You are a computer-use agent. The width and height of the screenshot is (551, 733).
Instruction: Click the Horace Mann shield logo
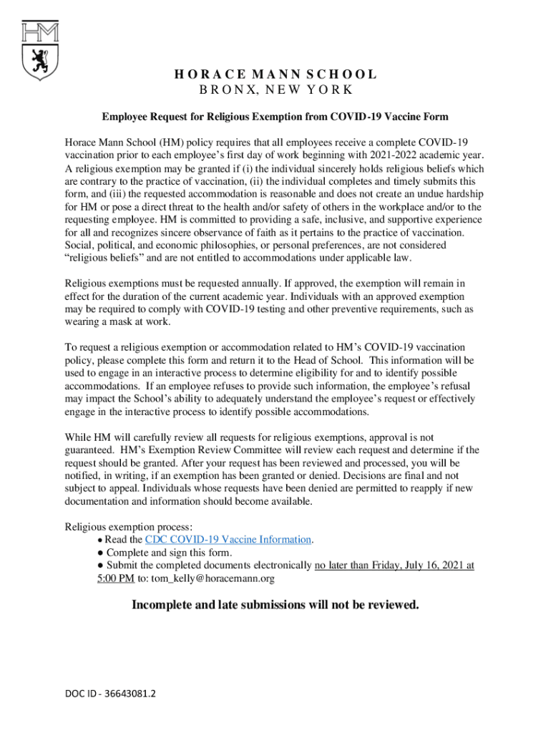(x=40, y=51)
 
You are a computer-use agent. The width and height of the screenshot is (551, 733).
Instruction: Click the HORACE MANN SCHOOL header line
(x=275, y=74)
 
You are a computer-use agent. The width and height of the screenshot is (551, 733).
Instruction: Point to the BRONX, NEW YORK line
(x=275, y=90)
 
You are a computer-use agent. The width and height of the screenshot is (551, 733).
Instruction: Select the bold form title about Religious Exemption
(x=275, y=116)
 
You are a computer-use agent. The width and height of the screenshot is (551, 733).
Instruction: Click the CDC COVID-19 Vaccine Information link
(x=228, y=540)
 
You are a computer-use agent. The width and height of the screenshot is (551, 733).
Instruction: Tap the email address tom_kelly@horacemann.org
(x=213, y=578)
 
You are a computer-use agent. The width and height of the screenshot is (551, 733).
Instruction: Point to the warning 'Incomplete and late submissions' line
(x=275, y=606)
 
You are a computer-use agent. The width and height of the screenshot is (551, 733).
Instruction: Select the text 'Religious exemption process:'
(x=128, y=527)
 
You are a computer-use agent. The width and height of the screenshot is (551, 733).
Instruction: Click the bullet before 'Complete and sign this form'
(x=101, y=553)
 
